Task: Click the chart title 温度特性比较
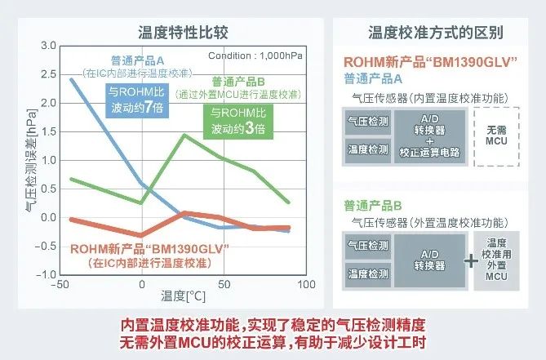[183, 33]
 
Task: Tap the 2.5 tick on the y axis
[48, 74]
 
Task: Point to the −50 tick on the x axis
[60, 284]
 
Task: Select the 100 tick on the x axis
[306, 284]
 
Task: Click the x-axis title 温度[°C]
[183, 296]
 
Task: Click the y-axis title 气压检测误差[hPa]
[31, 161]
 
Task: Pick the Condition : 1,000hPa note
[255, 56]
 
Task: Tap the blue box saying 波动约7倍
[137, 100]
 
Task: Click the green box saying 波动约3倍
[238, 122]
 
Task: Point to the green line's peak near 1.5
[184, 135]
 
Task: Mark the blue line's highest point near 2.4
[71, 80]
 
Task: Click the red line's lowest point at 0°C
[141, 235]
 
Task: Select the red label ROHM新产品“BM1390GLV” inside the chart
[149, 249]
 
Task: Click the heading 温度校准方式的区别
[436, 33]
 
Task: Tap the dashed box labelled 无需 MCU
[496, 136]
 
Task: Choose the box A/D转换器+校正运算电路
[429, 136]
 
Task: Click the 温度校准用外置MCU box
[496, 260]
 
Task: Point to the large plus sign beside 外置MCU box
[471, 260]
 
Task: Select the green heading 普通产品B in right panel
[373, 206]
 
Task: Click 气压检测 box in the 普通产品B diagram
[368, 247]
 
